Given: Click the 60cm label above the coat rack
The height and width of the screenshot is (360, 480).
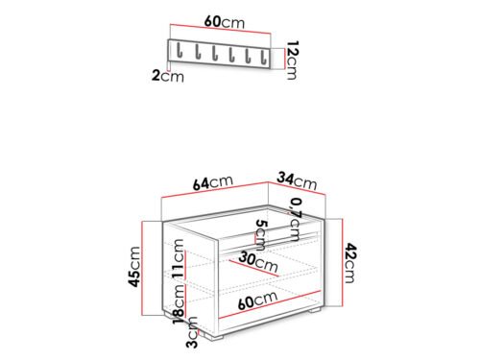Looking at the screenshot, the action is click(x=224, y=22).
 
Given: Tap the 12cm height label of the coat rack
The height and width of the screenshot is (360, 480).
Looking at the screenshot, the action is click(x=292, y=60).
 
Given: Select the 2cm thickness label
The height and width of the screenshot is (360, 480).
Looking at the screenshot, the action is click(x=168, y=77).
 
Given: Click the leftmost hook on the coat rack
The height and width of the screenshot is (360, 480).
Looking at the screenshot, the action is click(x=180, y=51).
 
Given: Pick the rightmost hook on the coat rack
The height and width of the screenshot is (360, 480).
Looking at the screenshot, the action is click(x=264, y=57).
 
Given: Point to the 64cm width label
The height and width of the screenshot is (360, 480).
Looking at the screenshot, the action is click(x=213, y=182).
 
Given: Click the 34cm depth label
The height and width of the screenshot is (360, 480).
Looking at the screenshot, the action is click(x=297, y=181).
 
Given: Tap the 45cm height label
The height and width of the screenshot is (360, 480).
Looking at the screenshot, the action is click(x=133, y=267).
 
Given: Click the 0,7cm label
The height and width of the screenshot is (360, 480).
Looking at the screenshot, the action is click(x=295, y=220).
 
